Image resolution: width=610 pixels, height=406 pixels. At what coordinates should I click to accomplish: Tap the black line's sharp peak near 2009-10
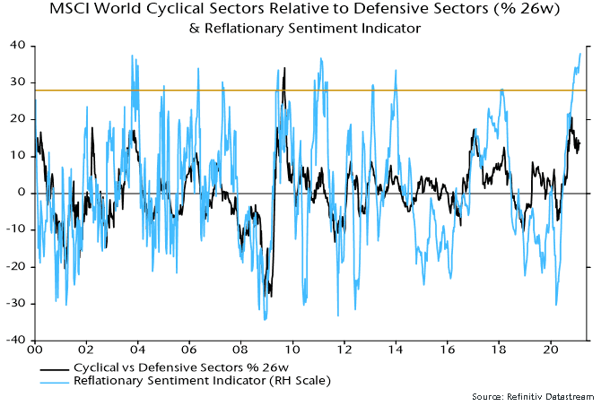284,68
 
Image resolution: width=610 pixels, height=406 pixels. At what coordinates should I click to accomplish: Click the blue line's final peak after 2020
579,54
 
